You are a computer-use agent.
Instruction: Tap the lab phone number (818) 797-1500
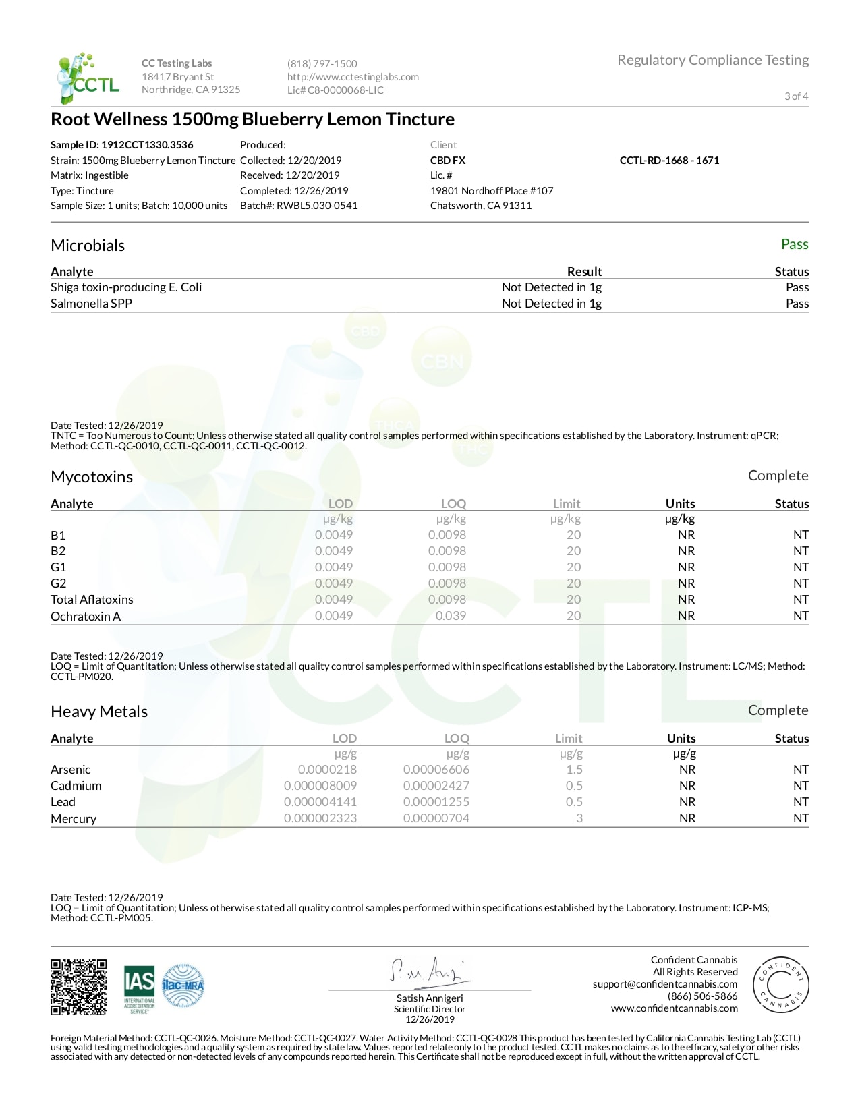click(x=322, y=64)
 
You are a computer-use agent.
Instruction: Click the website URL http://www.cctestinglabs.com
click(x=353, y=77)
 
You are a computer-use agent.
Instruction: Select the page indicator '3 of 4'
click(x=796, y=96)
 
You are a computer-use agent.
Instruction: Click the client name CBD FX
click(x=448, y=161)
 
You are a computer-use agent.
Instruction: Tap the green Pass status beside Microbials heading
click(x=795, y=244)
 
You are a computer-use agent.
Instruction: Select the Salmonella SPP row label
click(x=91, y=304)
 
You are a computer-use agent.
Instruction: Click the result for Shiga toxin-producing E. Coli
click(x=551, y=287)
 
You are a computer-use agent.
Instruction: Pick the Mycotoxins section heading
click(x=92, y=477)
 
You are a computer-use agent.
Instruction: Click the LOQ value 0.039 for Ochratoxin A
click(x=451, y=616)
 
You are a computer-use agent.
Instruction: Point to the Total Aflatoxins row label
click(x=92, y=600)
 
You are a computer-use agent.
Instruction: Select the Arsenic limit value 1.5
click(x=574, y=770)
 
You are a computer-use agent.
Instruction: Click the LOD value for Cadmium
click(x=320, y=786)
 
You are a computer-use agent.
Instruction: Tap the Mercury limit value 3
click(x=579, y=818)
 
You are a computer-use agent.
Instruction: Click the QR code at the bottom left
click(x=78, y=987)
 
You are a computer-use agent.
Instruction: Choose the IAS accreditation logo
click(x=139, y=989)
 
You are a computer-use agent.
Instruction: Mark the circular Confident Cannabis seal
click(x=780, y=984)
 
